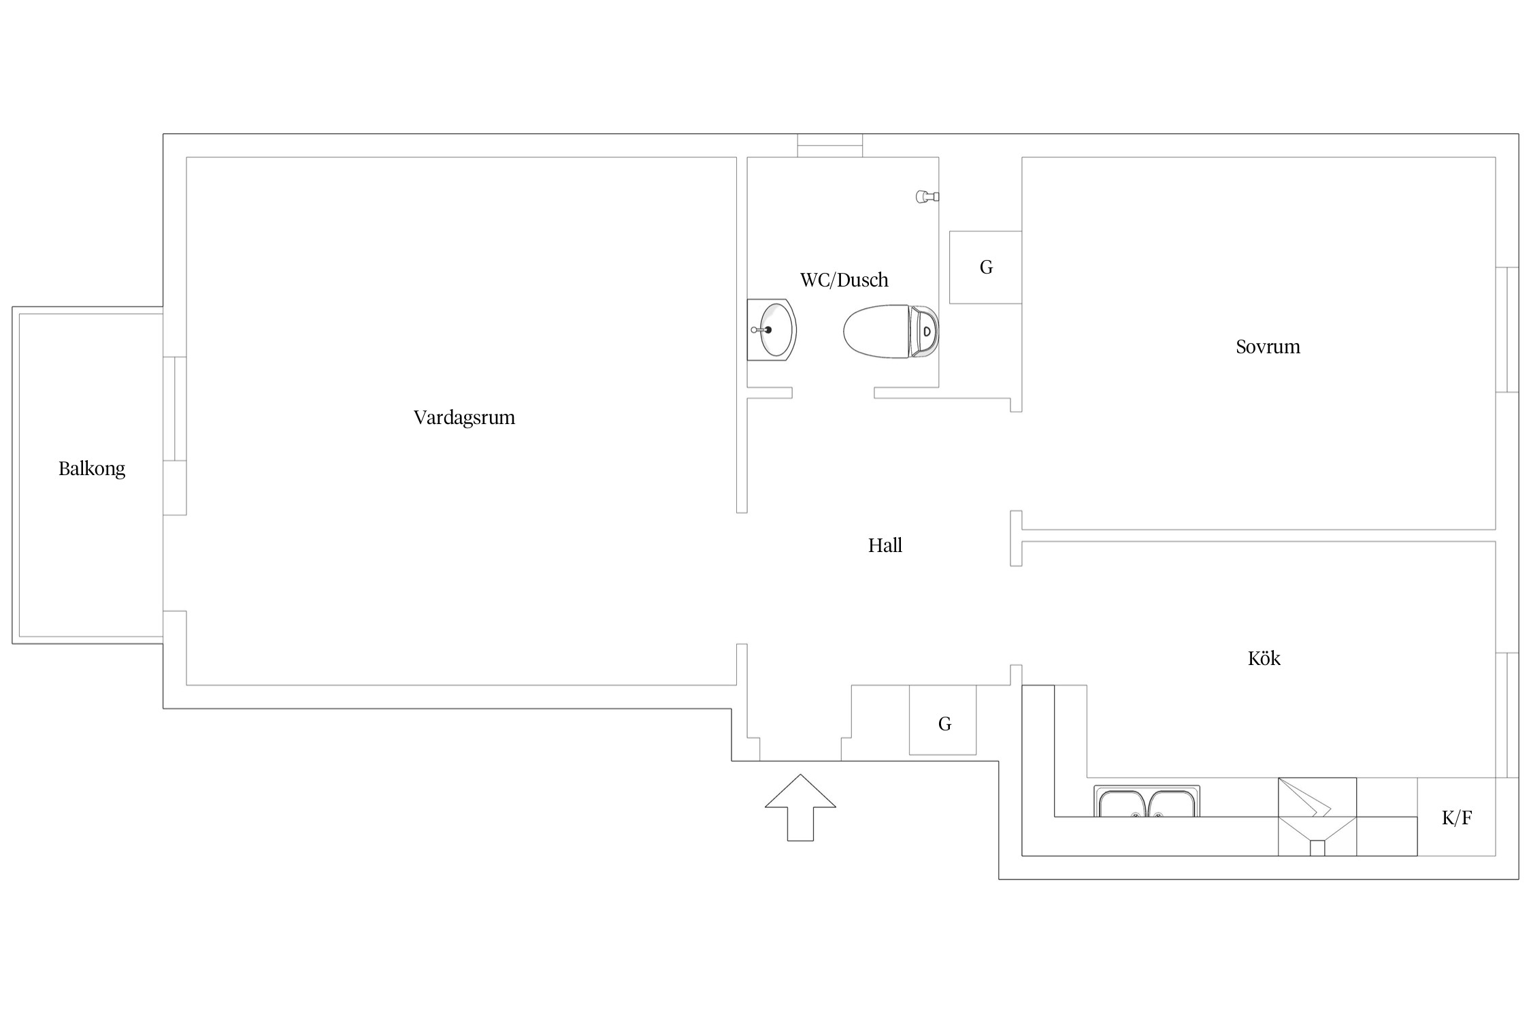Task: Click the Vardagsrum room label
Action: (464, 417)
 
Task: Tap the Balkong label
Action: (92, 468)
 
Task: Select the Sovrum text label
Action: (1268, 346)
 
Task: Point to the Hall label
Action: (885, 545)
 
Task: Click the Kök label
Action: (1264, 658)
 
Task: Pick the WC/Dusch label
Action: (844, 279)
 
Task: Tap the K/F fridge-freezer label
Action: (1457, 817)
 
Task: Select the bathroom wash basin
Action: (772, 329)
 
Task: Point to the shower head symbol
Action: (927, 197)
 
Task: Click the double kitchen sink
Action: (1147, 801)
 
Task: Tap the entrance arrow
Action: (800, 807)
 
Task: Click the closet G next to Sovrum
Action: (985, 268)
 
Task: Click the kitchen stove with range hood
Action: (1317, 817)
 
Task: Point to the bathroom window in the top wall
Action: (830, 146)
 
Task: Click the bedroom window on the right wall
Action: (1507, 329)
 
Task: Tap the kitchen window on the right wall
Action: (1507, 715)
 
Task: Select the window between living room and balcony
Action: (175, 408)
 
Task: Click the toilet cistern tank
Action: (925, 331)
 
